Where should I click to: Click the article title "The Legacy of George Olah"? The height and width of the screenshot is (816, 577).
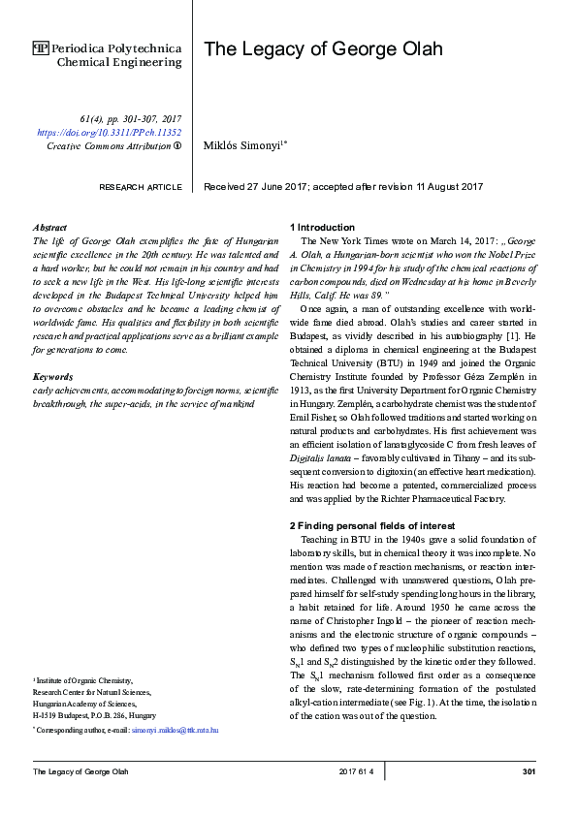tap(322, 49)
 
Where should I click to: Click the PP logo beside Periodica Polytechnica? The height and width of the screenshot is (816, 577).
tap(41, 47)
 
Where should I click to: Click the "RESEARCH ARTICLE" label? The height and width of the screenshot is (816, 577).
tap(141, 186)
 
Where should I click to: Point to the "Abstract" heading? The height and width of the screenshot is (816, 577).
tap(49, 226)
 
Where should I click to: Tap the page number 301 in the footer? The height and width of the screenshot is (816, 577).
tap(529, 771)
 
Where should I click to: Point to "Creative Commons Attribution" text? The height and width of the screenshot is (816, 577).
tap(108, 145)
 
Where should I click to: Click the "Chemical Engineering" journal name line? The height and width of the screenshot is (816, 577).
tap(119, 62)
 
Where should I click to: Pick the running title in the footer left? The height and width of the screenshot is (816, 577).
tap(80, 771)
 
